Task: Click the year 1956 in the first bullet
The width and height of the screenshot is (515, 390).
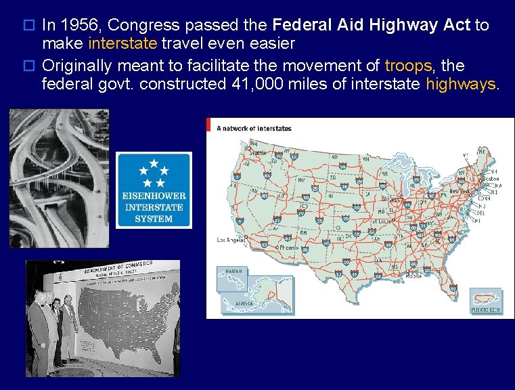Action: (x=81, y=26)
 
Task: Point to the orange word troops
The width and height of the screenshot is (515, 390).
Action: (x=408, y=66)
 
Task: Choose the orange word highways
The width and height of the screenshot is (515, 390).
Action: (x=461, y=84)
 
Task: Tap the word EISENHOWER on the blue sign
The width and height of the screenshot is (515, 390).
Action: (x=154, y=196)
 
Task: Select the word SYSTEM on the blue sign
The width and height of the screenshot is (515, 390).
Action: (x=154, y=218)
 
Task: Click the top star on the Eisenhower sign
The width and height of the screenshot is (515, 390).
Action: (x=154, y=163)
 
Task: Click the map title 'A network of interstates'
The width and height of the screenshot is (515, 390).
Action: (x=254, y=128)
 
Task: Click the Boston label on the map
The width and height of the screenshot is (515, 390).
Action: (x=489, y=179)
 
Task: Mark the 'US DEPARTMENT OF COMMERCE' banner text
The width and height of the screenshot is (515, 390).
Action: (x=118, y=267)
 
